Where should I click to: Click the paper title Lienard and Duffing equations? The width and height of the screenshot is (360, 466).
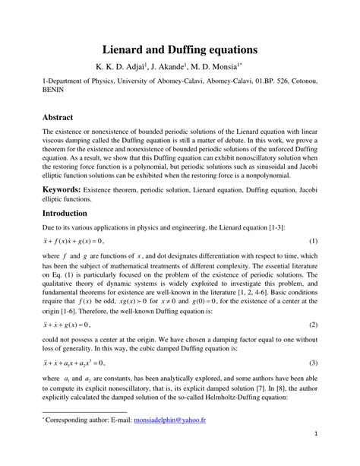(x=179, y=49)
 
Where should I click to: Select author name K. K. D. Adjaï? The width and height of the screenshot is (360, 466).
(x=121, y=69)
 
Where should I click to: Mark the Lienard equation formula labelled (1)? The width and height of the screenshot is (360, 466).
(x=77, y=242)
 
